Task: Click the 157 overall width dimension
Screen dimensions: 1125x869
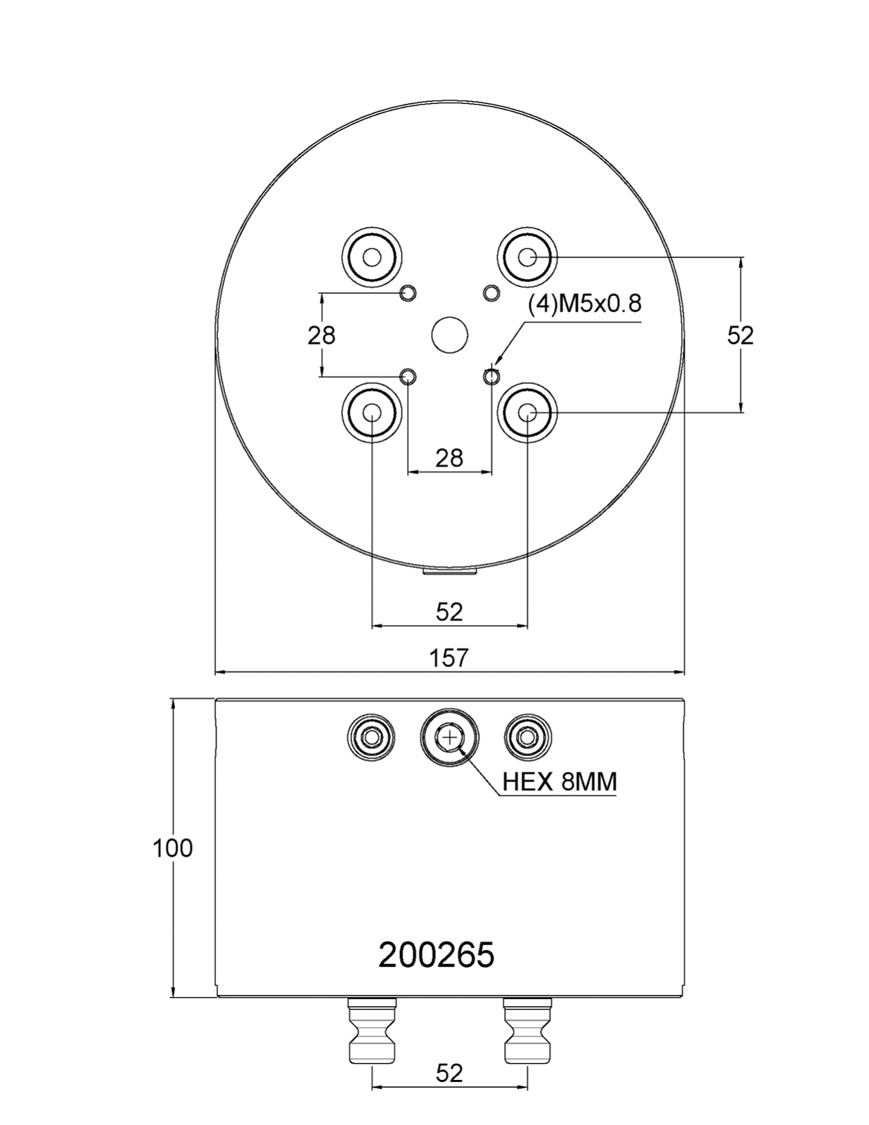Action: pos(449,658)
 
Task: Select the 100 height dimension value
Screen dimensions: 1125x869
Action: pos(172,849)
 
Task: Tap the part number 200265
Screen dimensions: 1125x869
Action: pos(436,955)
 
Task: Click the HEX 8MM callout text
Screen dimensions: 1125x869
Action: pos(560,781)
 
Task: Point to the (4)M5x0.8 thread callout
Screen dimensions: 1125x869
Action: pos(584,304)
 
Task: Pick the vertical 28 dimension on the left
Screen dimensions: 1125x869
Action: pos(321,335)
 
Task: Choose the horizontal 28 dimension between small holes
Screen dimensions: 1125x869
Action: pos(449,458)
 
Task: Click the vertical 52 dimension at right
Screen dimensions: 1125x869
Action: pos(740,335)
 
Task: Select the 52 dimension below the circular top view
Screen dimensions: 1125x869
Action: pos(449,612)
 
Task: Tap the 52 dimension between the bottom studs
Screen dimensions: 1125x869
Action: pos(449,1073)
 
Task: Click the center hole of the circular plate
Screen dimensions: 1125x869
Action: pos(449,335)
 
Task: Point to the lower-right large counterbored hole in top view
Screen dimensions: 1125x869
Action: pos(527,413)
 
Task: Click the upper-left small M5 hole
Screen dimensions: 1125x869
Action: pos(408,292)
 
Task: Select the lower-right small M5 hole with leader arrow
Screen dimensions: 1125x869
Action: pos(491,378)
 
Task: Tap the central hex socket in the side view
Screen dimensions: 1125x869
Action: pos(449,738)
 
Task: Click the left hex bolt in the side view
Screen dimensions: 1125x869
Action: pos(371,738)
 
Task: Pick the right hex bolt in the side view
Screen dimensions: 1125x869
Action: pos(527,738)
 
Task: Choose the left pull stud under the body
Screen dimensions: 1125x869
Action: pos(372,1031)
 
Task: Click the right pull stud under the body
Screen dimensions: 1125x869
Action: pos(527,1031)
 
